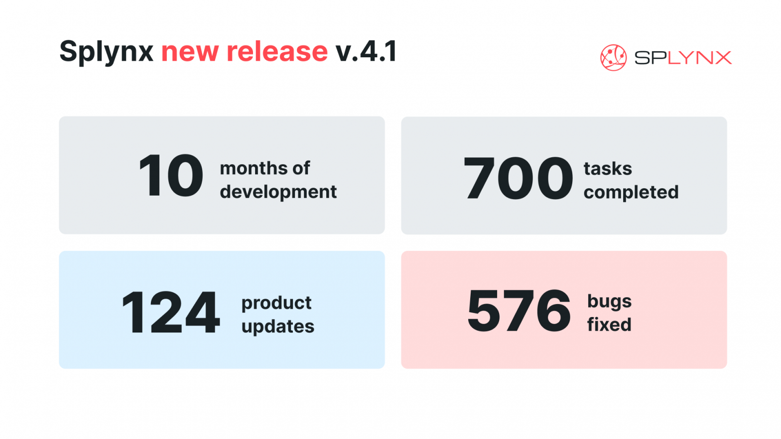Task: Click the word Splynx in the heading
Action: coord(107,52)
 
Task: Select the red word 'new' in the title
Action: coord(190,53)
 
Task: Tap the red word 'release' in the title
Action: coord(277,51)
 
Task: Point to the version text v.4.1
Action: coord(366,51)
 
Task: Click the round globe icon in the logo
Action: coord(613,58)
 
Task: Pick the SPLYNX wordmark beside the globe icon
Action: coord(683,58)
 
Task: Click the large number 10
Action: coord(170,175)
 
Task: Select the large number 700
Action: coord(518,178)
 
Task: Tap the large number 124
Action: coord(170,312)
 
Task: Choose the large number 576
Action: coord(519,310)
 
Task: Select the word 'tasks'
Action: coord(608,169)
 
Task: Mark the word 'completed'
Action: coord(631,193)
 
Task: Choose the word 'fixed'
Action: coord(610,325)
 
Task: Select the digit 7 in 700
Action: coord(479,178)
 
